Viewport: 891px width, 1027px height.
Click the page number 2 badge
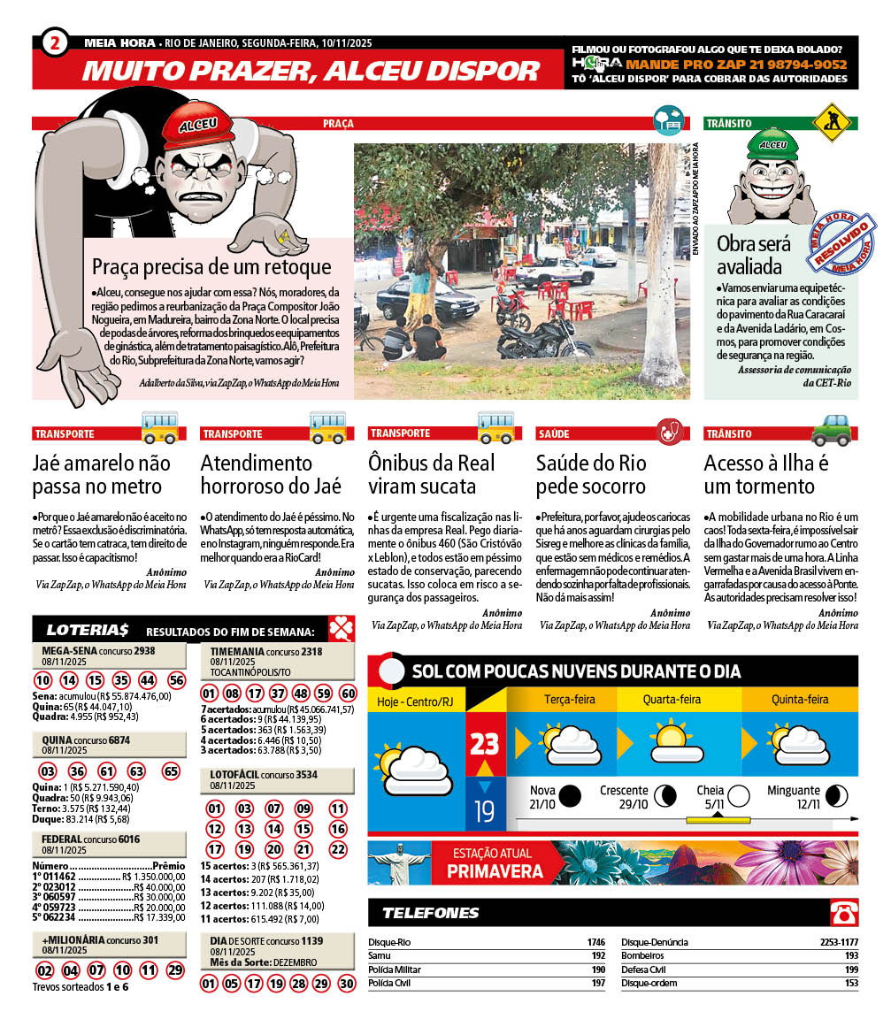[x=55, y=42]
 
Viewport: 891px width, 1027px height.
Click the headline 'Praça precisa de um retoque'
[x=211, y=266]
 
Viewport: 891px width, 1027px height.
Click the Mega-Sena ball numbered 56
[x=177, y=680]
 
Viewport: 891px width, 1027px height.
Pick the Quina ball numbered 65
[x=171, y=771]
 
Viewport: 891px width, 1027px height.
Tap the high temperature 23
[x=485, y=743]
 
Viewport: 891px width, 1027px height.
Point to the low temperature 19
[x=484, y=809]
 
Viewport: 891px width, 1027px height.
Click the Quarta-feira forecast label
[x=672, y=700]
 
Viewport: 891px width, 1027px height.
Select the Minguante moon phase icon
[x=840, y=793]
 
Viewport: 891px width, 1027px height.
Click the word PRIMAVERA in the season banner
[x=495, y=872]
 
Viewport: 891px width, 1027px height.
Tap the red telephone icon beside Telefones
[x=843, y=912]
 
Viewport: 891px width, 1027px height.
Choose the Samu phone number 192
[x=597, y=956]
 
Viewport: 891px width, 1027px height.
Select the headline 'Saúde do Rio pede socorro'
[x=591, y=474]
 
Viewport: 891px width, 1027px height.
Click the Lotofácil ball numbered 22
[x=337, y=849]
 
